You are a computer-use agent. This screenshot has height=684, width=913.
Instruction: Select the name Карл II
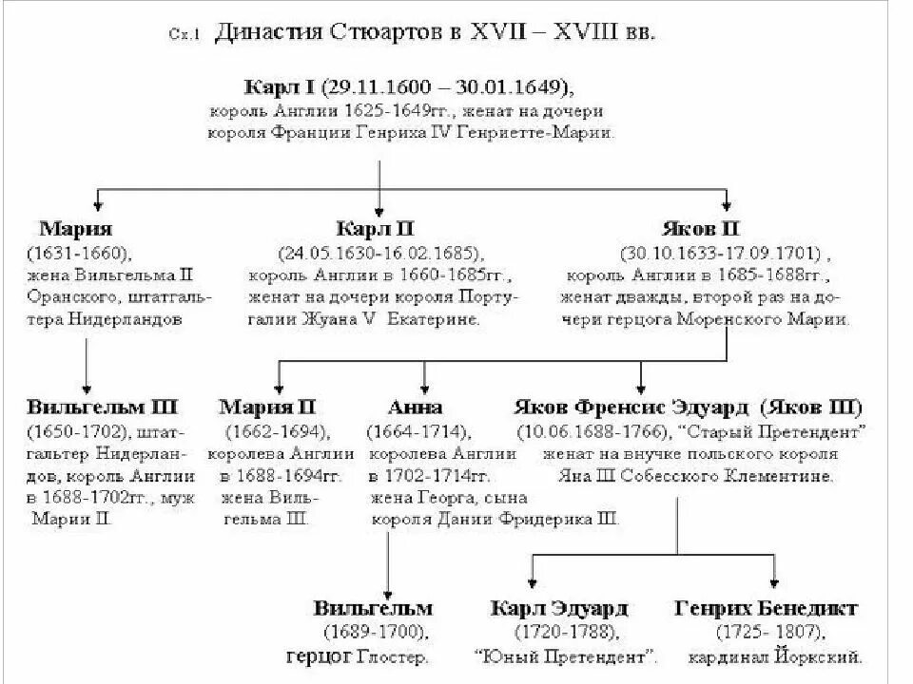376,229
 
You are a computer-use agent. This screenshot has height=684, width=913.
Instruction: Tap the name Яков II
700,229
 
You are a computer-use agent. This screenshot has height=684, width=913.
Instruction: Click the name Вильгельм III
102,408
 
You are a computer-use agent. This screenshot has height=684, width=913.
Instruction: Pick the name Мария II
269,408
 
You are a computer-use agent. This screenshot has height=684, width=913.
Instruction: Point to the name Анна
416,408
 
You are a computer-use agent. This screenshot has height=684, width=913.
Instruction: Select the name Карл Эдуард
559,608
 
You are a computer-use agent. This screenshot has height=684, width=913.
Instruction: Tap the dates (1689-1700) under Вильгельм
375,632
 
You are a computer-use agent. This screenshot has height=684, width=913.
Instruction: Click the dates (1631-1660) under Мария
80,254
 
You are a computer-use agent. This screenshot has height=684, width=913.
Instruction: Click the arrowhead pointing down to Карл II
380,210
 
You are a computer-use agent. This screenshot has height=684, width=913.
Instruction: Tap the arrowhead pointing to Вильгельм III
87,389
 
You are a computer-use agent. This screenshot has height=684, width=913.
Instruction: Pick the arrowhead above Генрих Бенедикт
775,589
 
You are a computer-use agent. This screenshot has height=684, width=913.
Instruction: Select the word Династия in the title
269,32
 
